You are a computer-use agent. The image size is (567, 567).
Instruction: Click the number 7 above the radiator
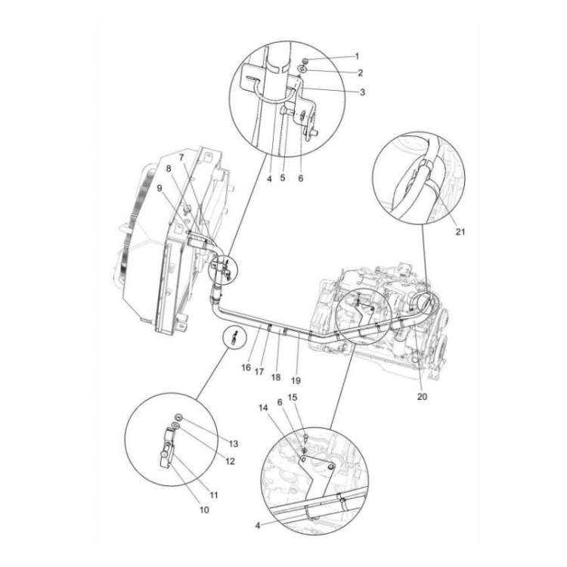(182, 157)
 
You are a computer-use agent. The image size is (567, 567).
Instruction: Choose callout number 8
(169, 169)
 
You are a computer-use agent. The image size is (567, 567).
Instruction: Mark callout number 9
(160, 189)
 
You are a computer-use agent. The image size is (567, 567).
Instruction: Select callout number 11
(214, 495)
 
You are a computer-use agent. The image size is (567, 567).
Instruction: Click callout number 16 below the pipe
(245, 367)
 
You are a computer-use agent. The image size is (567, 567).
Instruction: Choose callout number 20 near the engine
(422, 396)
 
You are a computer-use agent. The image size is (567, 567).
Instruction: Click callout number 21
(460, 232)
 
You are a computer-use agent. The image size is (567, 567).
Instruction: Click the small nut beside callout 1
(302, 59)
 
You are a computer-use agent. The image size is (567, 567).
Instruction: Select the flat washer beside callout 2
(302, 70)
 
